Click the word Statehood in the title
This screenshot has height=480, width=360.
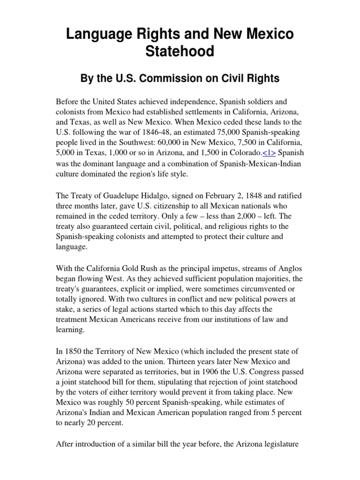(x=180, y=51)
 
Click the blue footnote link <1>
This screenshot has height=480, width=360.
(x=269, y=152)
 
